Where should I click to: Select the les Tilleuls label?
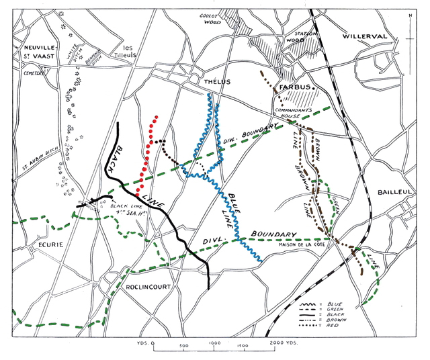(125, 52)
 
